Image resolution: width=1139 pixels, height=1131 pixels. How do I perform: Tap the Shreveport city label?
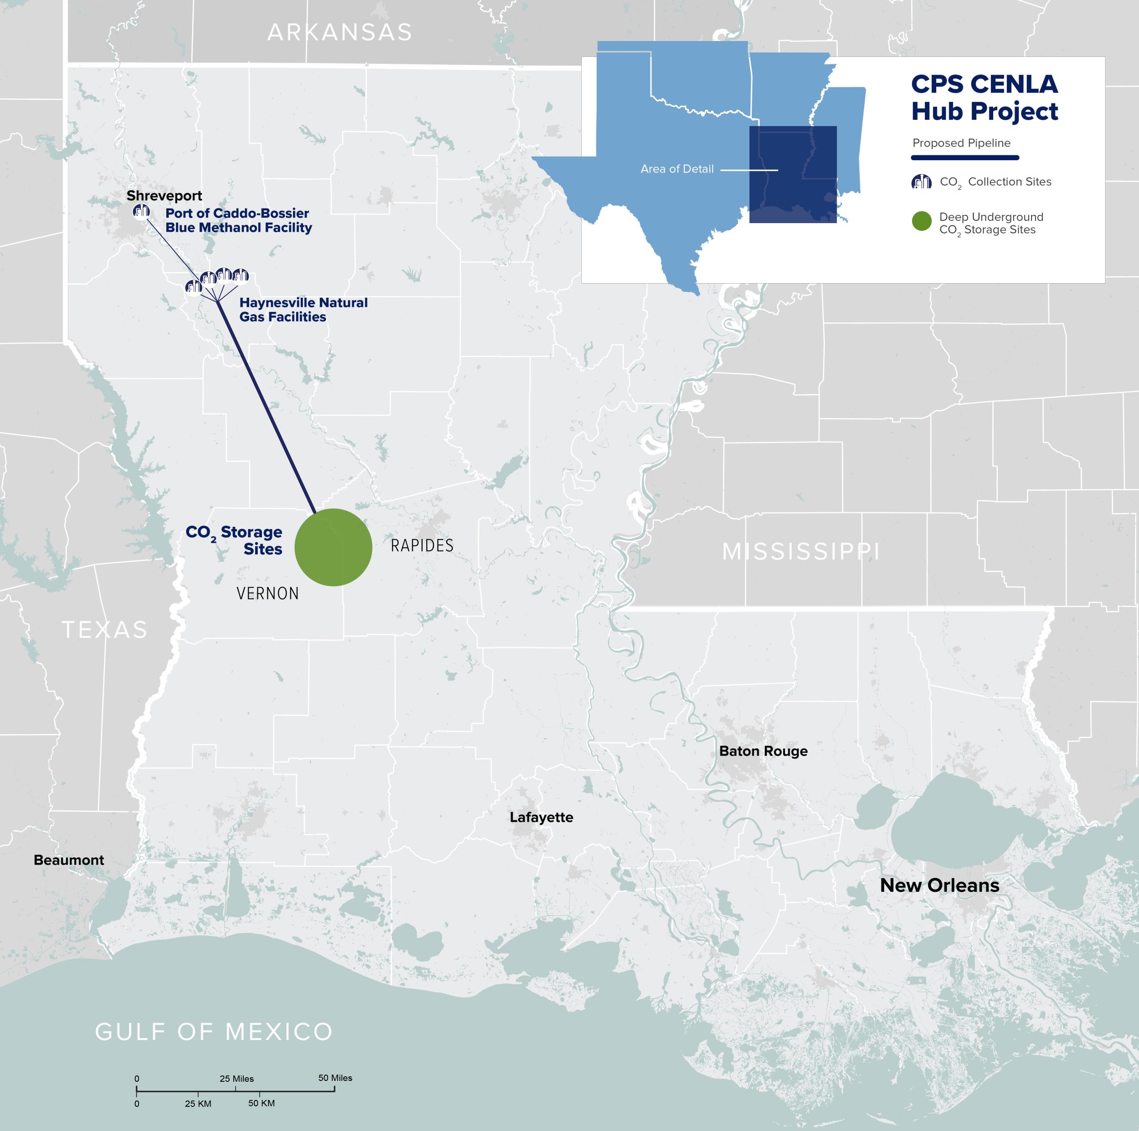pos(164,196)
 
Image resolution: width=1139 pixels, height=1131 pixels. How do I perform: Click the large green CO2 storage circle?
pos(333,547)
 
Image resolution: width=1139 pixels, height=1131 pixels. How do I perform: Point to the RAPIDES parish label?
pos(422,545)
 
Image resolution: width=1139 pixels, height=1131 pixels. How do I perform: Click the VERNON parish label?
pos(267,593)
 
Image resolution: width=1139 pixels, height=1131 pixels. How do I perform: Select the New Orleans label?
pos(939,886)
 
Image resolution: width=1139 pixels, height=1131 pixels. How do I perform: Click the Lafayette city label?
pos(541,817)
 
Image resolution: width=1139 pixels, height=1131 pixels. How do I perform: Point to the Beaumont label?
pos(68,860)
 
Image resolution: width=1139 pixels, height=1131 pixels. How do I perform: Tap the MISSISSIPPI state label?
pos(800,551)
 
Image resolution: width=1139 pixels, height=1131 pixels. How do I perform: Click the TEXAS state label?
pos(105,630)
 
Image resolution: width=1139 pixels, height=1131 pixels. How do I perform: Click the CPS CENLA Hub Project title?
pos(984,98)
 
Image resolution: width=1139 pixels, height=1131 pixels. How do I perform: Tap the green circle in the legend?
pos(922,221)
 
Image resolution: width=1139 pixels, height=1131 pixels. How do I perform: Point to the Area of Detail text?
pos(677,169)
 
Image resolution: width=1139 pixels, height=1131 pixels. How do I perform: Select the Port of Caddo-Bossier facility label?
pos(238,220)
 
